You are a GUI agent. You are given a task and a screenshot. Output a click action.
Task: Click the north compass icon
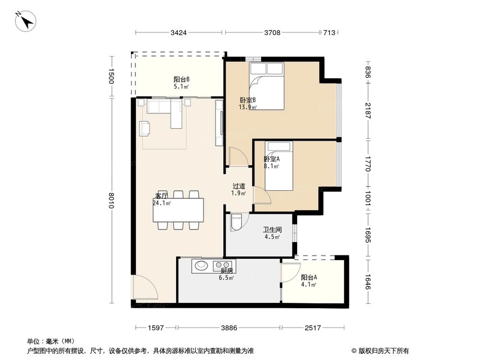(26, 21)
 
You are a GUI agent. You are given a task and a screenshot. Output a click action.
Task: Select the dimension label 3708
(272, 33)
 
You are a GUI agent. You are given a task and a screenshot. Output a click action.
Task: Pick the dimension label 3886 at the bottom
(228, 328)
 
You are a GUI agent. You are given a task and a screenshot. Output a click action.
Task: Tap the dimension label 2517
(312, 328)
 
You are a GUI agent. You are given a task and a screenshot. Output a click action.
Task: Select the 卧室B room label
(248, 100)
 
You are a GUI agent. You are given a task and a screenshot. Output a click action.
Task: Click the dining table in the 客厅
(178, 210)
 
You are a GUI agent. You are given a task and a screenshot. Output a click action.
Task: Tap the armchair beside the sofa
(145, 128)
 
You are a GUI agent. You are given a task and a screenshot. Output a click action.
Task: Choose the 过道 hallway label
(239, 186)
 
